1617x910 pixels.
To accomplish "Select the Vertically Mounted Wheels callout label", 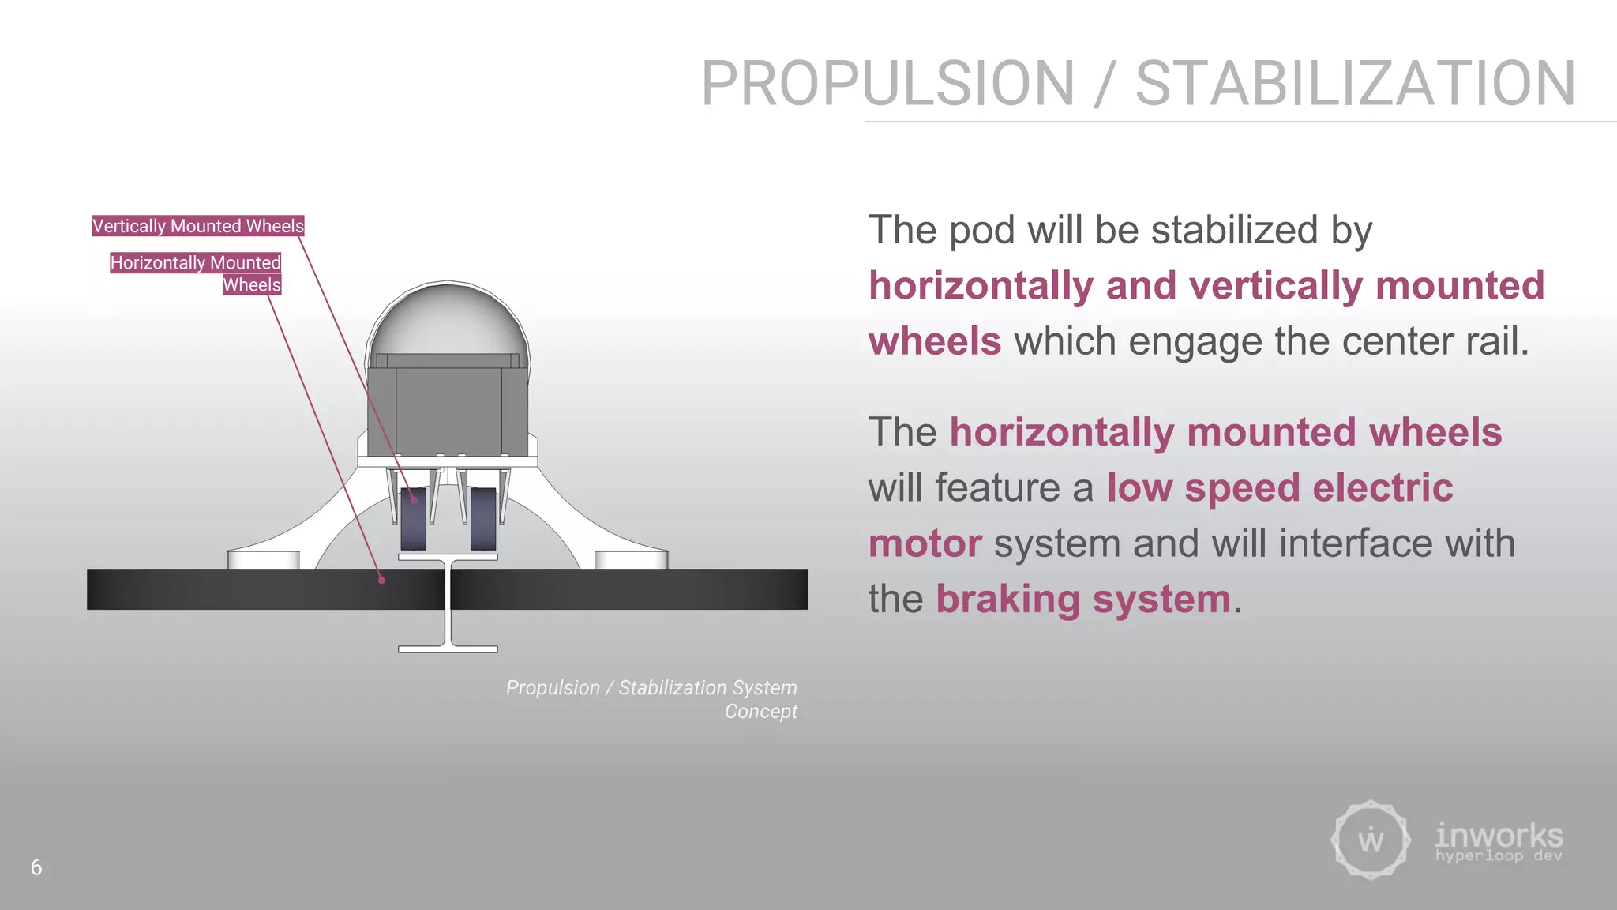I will click(x=198, y=226).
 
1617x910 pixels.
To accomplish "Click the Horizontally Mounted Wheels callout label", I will click(x=196, y=273).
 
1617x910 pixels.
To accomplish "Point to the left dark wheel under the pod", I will click(x=413, y=518).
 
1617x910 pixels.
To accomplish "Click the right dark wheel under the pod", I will click(x=483, y=518).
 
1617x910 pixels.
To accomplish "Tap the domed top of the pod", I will click(x=448, y=316).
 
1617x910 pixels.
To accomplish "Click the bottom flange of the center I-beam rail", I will click(x=448, y=649).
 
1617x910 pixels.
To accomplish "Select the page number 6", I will click(x=36, y=867).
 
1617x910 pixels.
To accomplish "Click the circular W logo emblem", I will click(x=1371, y=840).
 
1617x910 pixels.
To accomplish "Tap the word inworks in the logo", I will click(x=1499, y=835).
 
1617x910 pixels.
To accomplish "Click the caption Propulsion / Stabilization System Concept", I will click(x=652, y=699).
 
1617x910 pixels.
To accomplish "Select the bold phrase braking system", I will click(x=1083, y=599).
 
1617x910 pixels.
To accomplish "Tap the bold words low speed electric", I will click(x=1279, y=487).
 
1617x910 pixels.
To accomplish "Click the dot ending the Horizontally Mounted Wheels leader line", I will click(x=382, y=580).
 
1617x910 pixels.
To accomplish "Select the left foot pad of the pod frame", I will click(x=264, y=559).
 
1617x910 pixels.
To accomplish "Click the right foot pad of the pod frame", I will click(x=632, y=559).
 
